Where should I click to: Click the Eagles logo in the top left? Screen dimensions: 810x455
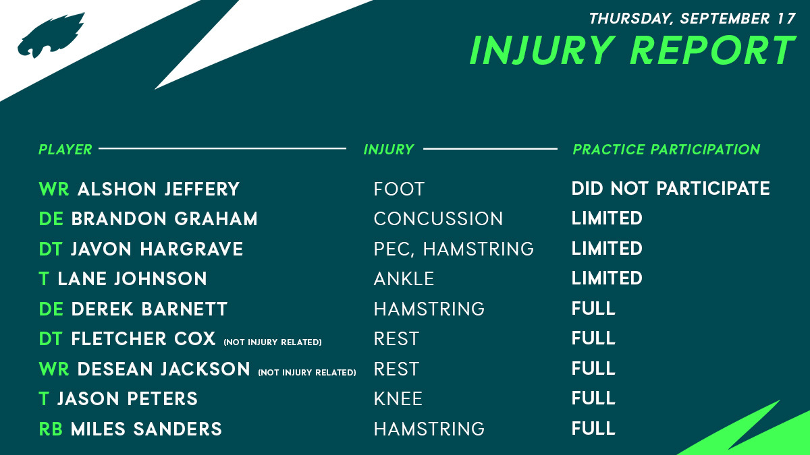click(x=51, y=35)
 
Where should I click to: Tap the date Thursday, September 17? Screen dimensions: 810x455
click(x=693, y=18)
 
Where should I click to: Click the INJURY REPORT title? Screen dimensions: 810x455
click(x=633, y=50)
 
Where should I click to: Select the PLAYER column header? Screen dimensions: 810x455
click(x=65, y=150)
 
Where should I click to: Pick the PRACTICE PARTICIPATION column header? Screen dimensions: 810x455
click(x=666, y=150)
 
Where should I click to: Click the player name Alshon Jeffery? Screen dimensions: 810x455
click(x=159, y=189)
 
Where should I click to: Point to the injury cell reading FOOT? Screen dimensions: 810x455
click(x=399, y=189)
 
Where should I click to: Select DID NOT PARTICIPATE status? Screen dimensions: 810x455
click(x=671, y=189)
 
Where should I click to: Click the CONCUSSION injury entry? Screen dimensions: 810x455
click(x=438, y=219)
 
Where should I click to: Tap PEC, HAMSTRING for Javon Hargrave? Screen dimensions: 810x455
click(x=454, y=249)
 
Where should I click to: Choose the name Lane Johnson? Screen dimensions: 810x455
click(x=132, y=279)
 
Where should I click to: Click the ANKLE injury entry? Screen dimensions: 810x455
click(x=404, y=279)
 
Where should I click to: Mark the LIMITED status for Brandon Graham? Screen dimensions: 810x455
click(x=607, y=218)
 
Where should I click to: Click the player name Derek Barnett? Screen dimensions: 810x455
click(x=149, y=309)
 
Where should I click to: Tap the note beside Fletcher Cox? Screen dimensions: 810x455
click(x=273, y=342)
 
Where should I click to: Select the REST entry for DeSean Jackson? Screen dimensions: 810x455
click(x=397, y=369)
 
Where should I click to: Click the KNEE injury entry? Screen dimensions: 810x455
click(x=398, y=399)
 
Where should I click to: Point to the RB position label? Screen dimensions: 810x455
click(x=51, y=429)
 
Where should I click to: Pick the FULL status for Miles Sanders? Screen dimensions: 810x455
click(x=593, y=429)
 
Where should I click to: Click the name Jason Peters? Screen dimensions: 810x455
click(x=128, y=399)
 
